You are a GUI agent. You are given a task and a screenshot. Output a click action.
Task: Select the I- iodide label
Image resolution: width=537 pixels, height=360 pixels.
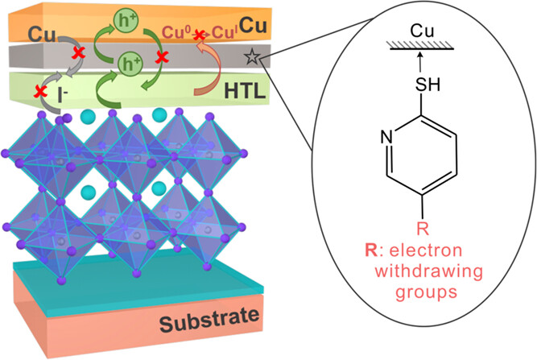59,94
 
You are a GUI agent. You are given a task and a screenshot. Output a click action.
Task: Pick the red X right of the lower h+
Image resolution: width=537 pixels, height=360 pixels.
163,58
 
